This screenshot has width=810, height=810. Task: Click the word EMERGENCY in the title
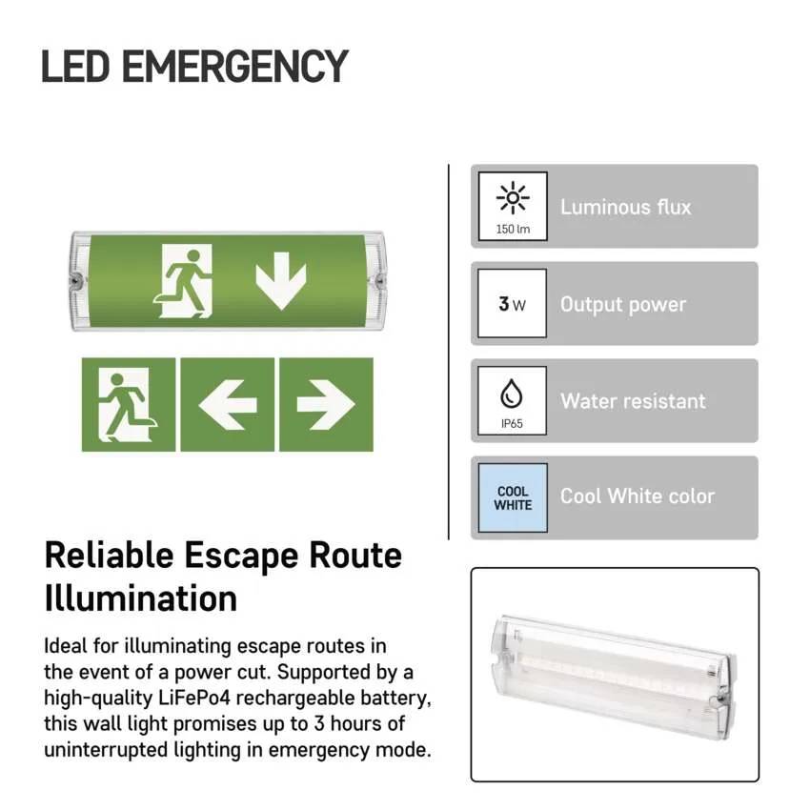[235, 66]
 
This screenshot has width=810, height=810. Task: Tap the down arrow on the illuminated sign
[281, 281]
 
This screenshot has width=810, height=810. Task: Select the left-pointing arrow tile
[228, 404]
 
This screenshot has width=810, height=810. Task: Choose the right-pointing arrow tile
[326, 404]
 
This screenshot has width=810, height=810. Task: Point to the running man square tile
[128, 404]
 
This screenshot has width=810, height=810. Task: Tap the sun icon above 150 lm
[513, 197]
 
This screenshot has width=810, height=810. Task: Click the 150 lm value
[513, 229]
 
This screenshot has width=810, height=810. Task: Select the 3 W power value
[512, 304]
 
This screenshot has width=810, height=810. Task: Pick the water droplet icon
[512, 394]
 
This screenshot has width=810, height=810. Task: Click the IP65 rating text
[512, 424]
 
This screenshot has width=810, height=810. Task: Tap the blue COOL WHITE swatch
[513, 498]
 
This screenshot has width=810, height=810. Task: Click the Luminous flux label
[625, 207]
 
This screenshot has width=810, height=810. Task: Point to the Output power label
[623, 305]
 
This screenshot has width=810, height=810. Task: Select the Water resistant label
[633, 401]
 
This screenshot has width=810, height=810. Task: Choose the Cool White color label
[638, 496]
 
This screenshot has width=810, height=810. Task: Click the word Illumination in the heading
[141, 598]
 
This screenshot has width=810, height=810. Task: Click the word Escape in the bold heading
[241, 557]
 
